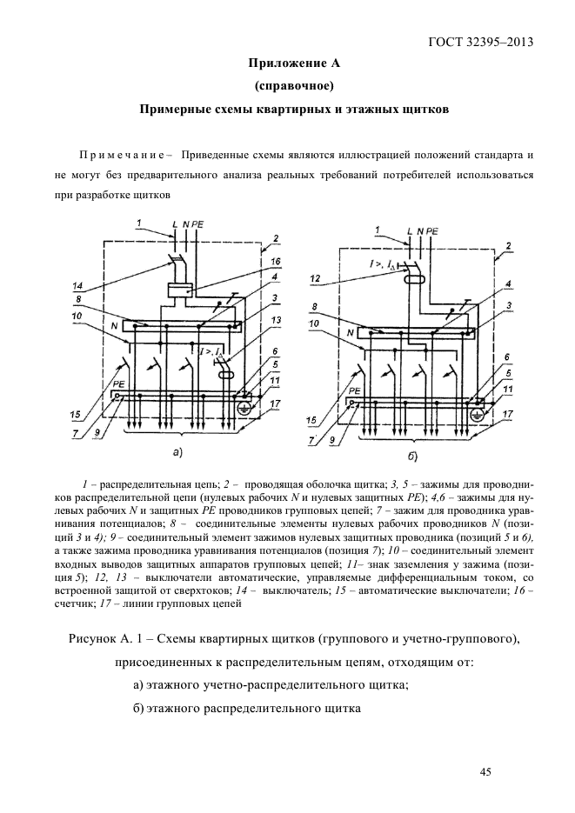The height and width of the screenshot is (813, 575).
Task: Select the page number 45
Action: coord(485,771)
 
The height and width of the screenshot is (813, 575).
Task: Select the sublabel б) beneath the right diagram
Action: coord(412,456)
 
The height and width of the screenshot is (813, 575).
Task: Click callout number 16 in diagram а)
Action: coord(276,261)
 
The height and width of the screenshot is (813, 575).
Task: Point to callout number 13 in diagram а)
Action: coord(276,319)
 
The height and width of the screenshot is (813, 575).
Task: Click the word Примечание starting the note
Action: coord(123,157)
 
